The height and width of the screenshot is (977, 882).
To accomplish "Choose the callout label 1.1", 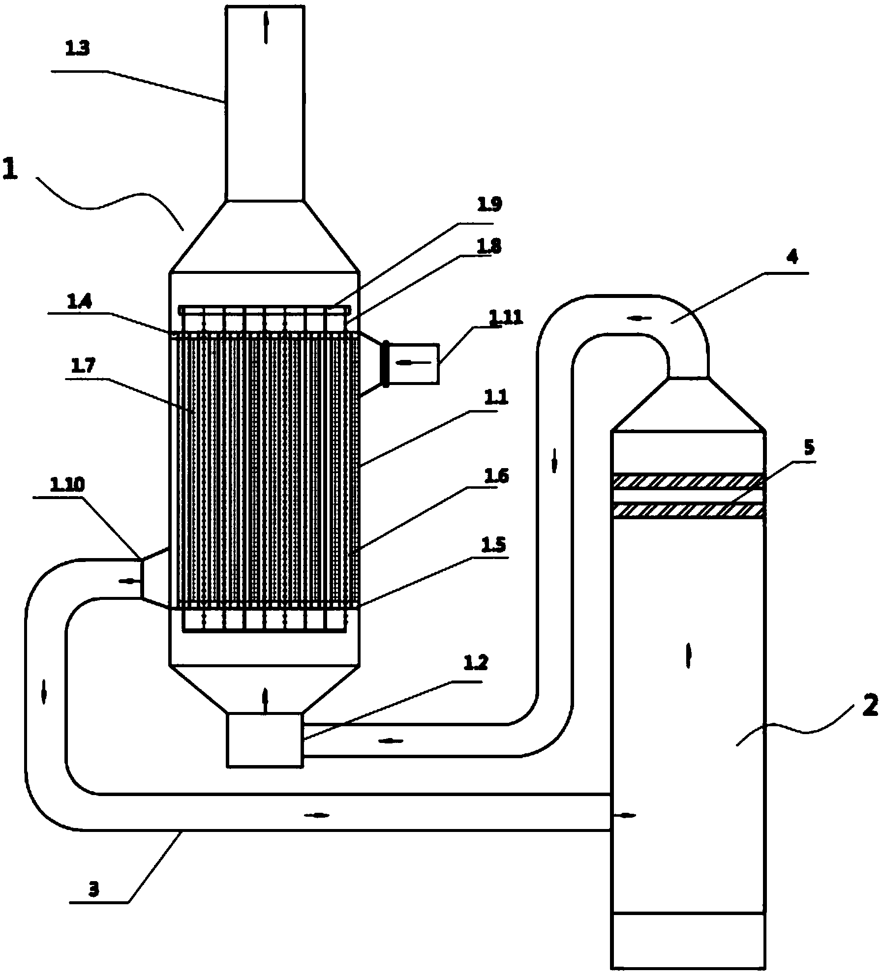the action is (x=496, y=397).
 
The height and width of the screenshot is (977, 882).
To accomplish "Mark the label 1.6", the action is (x=496, y=475).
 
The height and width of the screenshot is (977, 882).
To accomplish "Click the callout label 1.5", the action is (x=496, y=546).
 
